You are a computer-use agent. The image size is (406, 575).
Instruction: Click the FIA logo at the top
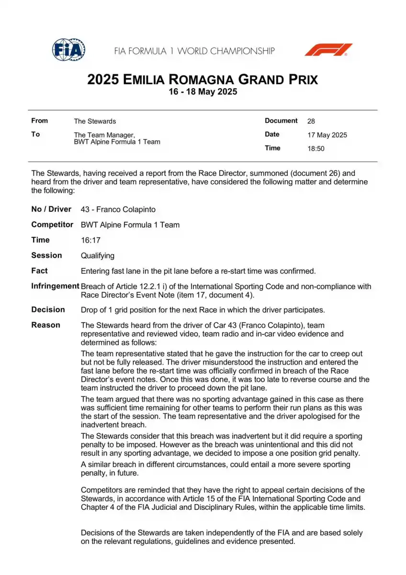tap(68, 50)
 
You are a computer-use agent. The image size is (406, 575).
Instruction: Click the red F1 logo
tap(328, 50)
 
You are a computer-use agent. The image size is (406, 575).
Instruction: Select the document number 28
tap(311, 121)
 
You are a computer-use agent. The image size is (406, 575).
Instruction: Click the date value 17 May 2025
tap(327, 135)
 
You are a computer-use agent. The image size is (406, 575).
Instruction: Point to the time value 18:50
tap(316, 149)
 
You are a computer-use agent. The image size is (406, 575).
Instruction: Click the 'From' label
tap(39, 121)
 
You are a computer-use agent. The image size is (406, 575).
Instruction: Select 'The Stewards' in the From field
tap(95, 121)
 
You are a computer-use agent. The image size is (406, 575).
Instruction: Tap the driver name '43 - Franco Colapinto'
tap(118, 209)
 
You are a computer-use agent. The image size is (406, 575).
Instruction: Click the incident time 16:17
tap(90, 240)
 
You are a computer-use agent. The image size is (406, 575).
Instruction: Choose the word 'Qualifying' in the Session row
tap(98, 255)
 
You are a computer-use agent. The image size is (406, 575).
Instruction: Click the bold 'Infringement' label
tap(55, 286)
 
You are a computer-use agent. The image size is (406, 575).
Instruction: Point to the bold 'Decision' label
tap(48, 310)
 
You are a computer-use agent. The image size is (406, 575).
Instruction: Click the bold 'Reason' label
tap(45, 325)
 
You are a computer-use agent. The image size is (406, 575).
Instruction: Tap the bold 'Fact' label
tap(39, 271)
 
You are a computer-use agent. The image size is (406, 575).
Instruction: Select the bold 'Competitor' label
tap(52, 225)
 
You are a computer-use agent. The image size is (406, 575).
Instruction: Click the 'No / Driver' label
tap(51, 209)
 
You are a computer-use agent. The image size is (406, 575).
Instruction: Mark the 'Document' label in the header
tap(281, 121)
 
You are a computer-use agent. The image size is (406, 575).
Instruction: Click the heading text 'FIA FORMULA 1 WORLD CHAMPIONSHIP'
tap(194, 51)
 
